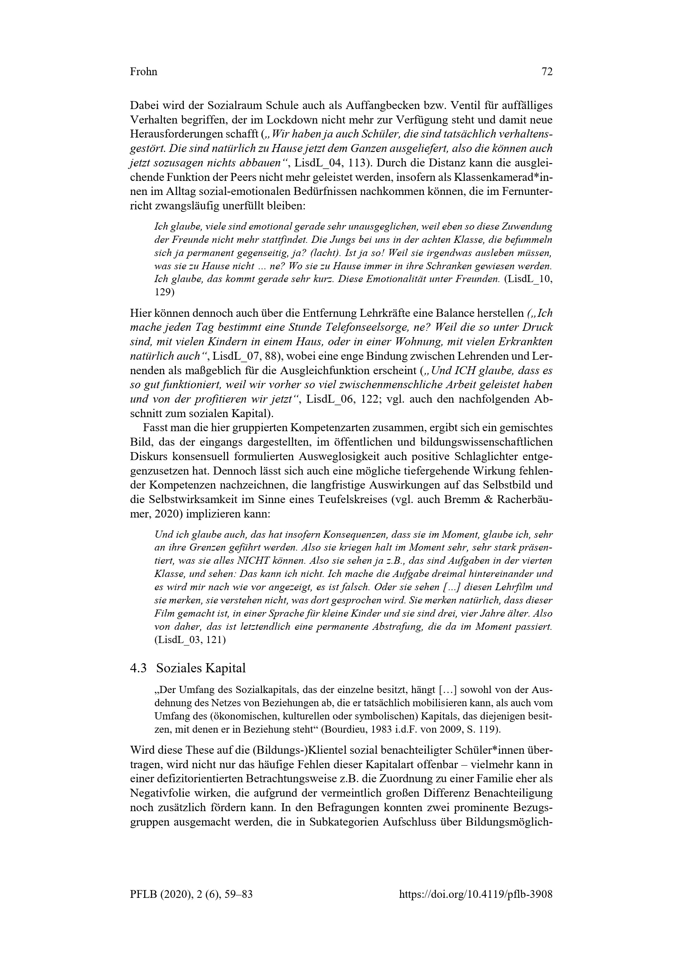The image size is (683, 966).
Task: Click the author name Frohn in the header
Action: tap(143, 72)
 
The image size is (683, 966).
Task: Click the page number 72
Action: tap(546, 72)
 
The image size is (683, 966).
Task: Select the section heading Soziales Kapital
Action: tap(201, 668)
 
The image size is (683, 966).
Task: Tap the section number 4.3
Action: tap(138, 668)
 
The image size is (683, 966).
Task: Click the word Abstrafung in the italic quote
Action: tap(398, 627)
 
